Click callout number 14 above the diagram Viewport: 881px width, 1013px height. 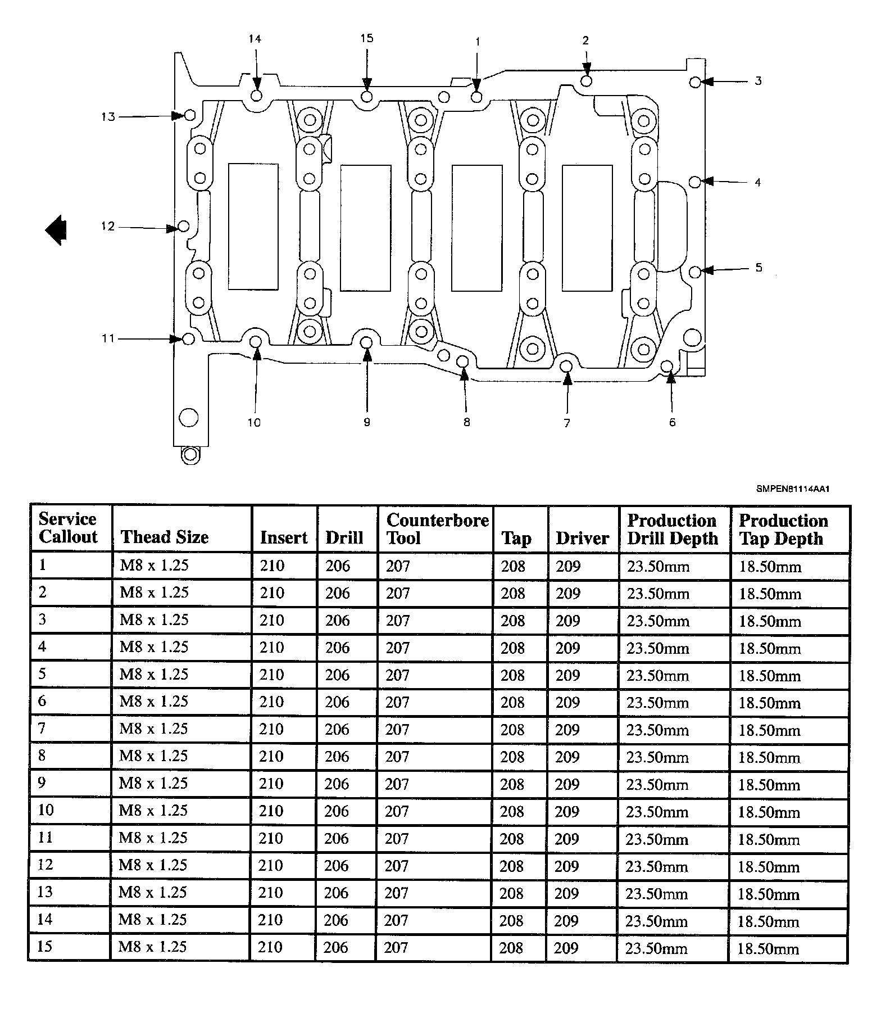tap(255, 39)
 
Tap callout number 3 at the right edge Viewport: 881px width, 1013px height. tap(758, 81)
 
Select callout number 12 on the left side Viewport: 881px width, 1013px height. tap(107, 226)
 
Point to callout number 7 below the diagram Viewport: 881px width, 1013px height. tap(567, 423)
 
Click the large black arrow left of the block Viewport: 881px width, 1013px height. tap(56, 230)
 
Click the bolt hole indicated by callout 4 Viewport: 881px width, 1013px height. tap(695, 182)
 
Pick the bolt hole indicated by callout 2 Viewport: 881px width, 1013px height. tap(586, 81)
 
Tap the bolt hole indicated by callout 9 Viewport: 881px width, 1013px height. tap(366, 342)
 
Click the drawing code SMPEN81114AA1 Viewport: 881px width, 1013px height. tap(792, 489)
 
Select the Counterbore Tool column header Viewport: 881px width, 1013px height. tap(437, 528)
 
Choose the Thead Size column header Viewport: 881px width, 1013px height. tap(165, 537)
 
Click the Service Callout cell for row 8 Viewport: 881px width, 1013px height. tap(42, 755)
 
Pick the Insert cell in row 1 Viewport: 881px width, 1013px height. tap(272, 566)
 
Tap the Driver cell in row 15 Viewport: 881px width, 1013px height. tap(566, 948)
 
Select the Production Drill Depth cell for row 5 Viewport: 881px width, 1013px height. tap(657, 675)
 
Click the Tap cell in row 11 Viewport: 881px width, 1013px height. tap(512, 839)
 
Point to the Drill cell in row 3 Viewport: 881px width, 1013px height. tap(338, 621)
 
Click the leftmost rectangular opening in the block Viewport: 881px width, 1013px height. tap(253, 227)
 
